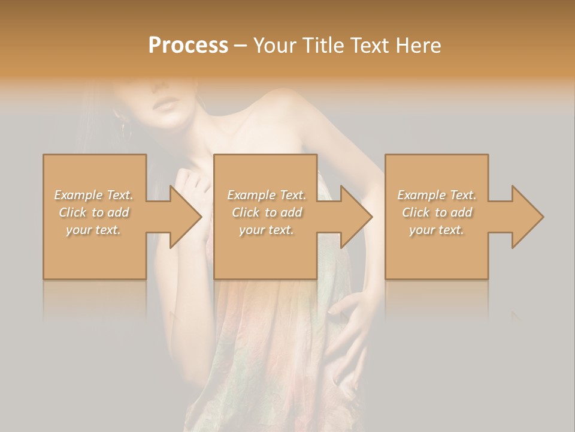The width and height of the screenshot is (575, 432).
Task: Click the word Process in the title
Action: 188,46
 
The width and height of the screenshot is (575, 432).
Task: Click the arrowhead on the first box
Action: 184,217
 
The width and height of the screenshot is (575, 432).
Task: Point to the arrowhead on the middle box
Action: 355,217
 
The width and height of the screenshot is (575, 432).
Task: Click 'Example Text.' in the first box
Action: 94,195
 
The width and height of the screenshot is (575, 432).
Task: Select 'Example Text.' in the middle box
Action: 267,195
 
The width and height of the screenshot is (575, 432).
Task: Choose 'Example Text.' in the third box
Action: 437,195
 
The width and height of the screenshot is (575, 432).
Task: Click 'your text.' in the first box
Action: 94,230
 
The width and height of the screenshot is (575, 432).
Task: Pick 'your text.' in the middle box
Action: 267,230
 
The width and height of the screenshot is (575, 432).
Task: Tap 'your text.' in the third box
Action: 437,230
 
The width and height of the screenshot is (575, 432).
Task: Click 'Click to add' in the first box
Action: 94,212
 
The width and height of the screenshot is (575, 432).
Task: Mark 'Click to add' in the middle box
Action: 267,212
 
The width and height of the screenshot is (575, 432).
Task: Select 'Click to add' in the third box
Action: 437,212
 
